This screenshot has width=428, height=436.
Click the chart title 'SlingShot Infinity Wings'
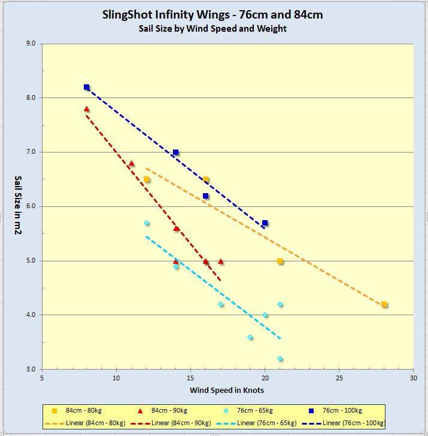point(214,14)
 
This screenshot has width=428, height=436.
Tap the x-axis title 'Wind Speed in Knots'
point(227,391)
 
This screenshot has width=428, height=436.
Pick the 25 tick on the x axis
point(339,379)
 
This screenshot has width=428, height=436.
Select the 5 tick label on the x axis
point(42,379)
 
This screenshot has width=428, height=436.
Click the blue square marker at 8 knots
point(86,87)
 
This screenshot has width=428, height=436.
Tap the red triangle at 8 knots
point(86,109)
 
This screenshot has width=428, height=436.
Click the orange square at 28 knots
point(384,304)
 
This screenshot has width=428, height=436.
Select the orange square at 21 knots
point(280,261)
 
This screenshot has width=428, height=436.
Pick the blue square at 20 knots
point(265,223)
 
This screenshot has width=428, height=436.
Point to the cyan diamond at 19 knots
point(250,337)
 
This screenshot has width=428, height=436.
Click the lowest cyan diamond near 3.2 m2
point(280,359)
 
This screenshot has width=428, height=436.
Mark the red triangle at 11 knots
point(131,163)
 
